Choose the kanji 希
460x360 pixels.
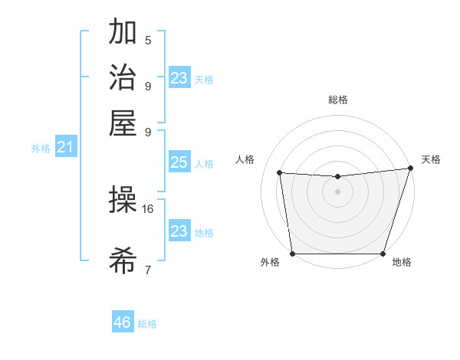(123, 262)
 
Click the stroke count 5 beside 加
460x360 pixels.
(148, 41)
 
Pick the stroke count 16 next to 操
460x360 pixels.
(148, 208)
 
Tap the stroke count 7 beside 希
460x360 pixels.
(148, 270)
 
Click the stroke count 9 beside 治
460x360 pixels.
(148, 86)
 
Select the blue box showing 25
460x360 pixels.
(179, 163)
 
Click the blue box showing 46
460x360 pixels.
(123, 322)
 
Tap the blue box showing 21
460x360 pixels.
(64, 148)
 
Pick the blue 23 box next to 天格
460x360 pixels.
(179, 78)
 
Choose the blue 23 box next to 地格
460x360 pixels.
(179, 231)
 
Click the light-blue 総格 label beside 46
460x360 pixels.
(147, 324)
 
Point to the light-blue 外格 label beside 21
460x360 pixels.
(40, 149)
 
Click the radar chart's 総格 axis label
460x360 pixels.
(337, 100)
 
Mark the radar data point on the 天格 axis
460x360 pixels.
(410, 169)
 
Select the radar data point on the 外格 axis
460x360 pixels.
(292, 254)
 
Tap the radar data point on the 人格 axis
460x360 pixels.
(280, 173)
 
